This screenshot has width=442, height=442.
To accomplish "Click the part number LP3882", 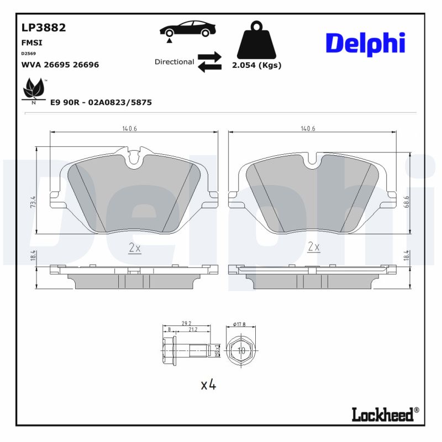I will [43, 28].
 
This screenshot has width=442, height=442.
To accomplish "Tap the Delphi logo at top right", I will [365, 43].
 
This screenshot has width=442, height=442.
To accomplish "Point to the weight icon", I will [257, 41].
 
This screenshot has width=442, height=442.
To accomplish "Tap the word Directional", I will [174, 62].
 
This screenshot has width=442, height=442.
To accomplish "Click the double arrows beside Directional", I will [209, 62].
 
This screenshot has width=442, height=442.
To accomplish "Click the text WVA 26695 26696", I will [60, 65].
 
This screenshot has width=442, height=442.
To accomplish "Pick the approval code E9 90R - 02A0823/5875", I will [101, 103].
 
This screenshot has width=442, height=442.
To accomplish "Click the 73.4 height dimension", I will [34, 202].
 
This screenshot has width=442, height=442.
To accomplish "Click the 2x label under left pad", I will [134, 249].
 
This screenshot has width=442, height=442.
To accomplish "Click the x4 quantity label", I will [208, 385].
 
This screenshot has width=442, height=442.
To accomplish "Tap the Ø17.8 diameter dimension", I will [240, 325].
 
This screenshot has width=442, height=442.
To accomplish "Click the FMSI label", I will [31, 42].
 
